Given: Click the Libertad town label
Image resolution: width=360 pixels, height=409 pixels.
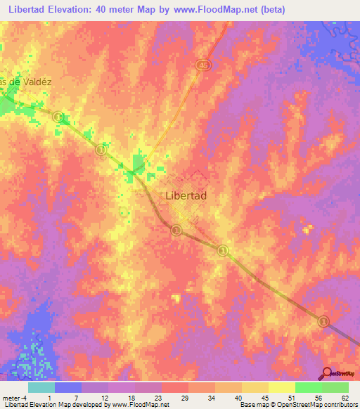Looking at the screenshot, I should (x=186, y=196).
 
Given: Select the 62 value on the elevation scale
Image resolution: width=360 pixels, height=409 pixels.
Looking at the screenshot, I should (x=345, y=397).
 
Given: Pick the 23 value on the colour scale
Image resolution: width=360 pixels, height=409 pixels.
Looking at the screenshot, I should (x=157, y=397).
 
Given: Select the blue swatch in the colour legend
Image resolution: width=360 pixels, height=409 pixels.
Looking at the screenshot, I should (x=68, y=387).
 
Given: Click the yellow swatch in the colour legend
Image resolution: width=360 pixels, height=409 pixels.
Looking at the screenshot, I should (x=282, y=387).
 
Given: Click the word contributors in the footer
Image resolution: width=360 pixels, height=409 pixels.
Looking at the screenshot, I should (x=338, y=405).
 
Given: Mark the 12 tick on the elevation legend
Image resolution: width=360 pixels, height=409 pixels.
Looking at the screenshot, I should (x=104, y=397).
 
